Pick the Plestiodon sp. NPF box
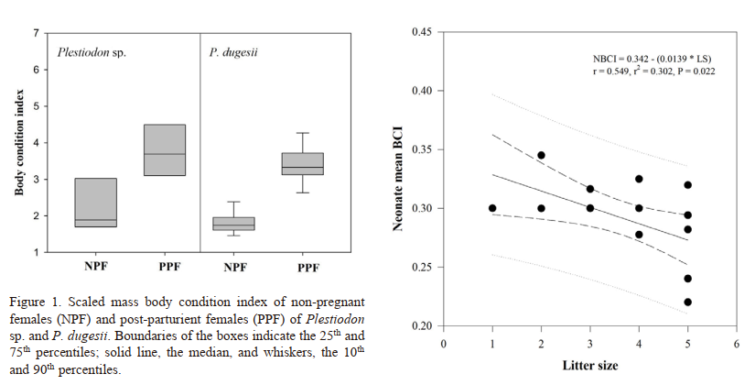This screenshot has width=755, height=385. click(x=95, y=202)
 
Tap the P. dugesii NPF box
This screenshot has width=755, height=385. click(x=233, y=224)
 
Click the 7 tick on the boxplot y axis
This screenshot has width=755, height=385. click(x=36, y=34)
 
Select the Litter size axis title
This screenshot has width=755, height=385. click(x=589, y=365)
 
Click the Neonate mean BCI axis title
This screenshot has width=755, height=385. click(x=400, y=179)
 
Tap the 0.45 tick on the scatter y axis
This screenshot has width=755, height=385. click(x=422, y=32)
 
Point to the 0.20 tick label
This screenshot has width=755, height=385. click(x=422, y=325)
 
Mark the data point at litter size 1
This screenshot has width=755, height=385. click(x=492, y=208)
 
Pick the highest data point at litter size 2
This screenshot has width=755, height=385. click(x=541, y=155)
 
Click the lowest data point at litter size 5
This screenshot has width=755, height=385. click(x=687, y=302)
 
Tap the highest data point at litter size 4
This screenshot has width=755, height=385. click(x=639, y=179)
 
